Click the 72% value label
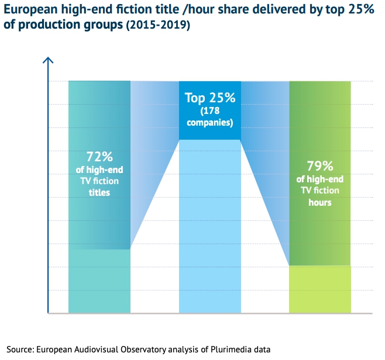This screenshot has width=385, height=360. click(x=99, y=156)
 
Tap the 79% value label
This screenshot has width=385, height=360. click(x=320, y=165)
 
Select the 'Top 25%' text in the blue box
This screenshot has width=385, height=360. click(x=209, y=98)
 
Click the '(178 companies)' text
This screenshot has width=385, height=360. click(x=209, y=117)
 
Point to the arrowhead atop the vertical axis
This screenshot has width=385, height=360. click(x=49, y=60)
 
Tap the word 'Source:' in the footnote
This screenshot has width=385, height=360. click(x=19, y=349)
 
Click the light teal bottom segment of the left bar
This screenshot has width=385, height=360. click(x=99, y=281)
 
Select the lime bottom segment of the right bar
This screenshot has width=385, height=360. click(x=320, y=289)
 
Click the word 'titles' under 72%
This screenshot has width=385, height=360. click(x=99, y=192)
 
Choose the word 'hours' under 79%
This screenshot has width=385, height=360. click(x=320, y=203)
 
